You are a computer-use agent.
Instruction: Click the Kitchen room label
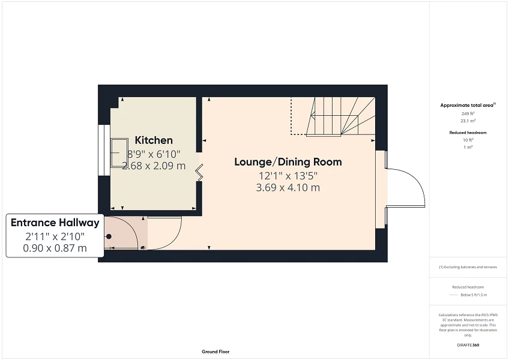click(154, 140)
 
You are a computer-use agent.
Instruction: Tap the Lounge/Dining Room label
click(288, 161)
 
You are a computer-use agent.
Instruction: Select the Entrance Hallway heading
click(55, 223)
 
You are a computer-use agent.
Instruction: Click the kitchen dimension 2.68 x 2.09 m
click(154, 166)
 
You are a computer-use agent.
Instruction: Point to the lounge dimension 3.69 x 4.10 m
click(288, 187)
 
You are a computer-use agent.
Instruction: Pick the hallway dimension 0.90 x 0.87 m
click(55, 247)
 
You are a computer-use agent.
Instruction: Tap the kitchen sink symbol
click(118, 154)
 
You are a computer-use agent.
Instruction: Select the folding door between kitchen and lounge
click(200, 173)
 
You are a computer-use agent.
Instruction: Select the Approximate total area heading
click(467, 105)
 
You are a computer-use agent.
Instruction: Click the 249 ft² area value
click(468, 113)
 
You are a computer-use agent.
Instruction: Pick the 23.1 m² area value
click(468, 120)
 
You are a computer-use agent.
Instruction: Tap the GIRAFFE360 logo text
click(468, 345)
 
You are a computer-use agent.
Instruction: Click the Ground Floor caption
click(215, 352)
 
